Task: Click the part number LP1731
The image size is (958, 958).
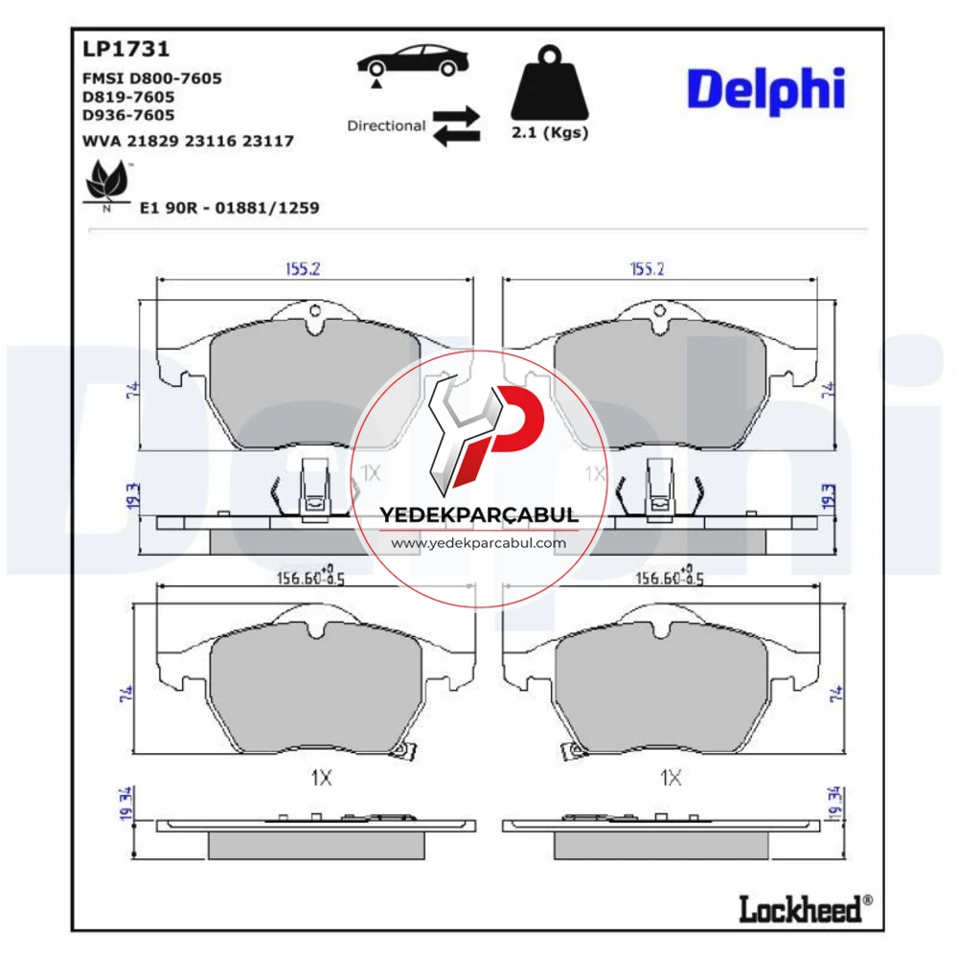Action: tap(125, 49)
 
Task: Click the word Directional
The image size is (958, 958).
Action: tap(386, 125)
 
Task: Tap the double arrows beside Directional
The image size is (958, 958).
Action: tap(456, 125)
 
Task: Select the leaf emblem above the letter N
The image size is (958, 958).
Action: tap(107, 180)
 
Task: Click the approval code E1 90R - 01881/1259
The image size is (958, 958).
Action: tap(230, 208)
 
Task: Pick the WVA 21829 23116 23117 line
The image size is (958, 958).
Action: tap(188, 141)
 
